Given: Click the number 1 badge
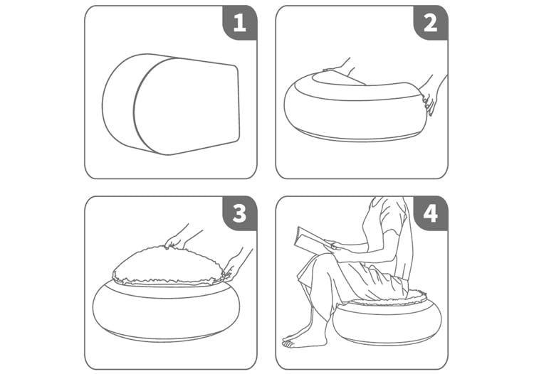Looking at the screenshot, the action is (x=240, y=23).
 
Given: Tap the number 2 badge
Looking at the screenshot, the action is (x=431, y=23).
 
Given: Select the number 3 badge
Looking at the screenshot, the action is (x=240, y=213).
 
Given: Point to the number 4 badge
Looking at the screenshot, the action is (x=431, y=213).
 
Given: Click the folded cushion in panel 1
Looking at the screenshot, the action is (x=171, y=104).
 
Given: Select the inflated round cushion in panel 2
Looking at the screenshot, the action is (x=356, y=109).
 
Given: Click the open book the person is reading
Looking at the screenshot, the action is (x=312, y=240).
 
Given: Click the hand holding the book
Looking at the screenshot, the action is (x=331, y=245).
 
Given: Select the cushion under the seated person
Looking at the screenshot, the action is (x=387, y=322).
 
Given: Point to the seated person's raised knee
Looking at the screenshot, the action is (x=320, y=261).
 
